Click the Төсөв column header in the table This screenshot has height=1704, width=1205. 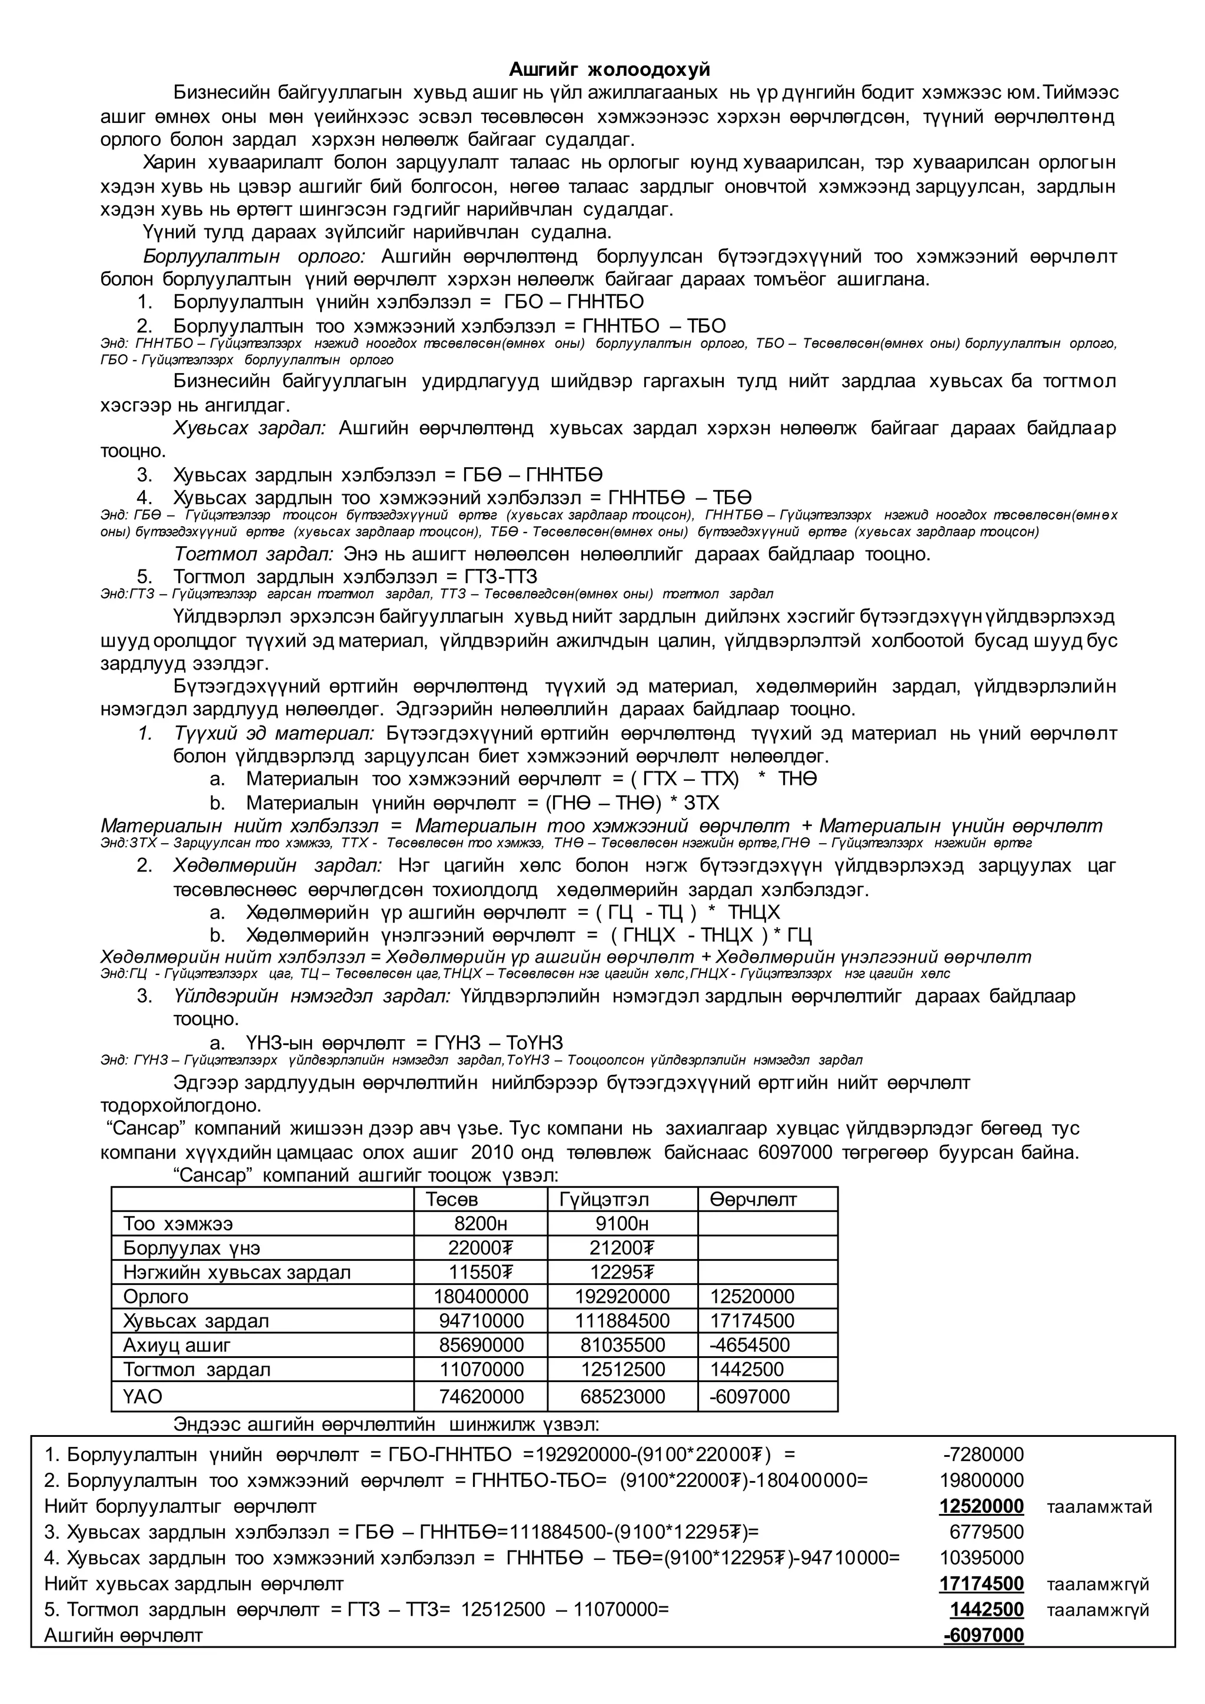pyautogui.click(x=452, y=1199)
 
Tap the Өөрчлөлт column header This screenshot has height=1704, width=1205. pyautogui.click(x=753, y=1199)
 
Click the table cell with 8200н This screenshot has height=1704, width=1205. pyautogui.click(x=481, y=1224)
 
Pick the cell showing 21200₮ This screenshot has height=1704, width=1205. pyautogui.click(x=622, y=1249)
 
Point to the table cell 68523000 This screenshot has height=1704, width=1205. pyautogui.click(x=623, y=1397)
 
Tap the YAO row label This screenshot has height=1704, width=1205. pyautogui.click(x=142, y=1397)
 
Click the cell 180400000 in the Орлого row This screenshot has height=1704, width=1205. pyautogui.click(x=481, y=1297)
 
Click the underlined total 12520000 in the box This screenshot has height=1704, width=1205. pyautogui.click(x=981, y=1506)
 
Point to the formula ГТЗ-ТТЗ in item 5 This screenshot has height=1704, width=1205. pyautogui.click(x=501, y=577)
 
